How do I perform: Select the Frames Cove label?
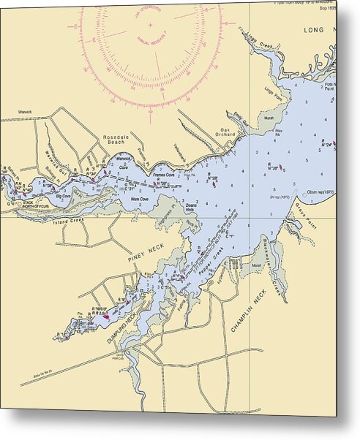[163, 175]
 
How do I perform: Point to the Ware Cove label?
[139, 199]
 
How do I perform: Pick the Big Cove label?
[61, 197]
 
